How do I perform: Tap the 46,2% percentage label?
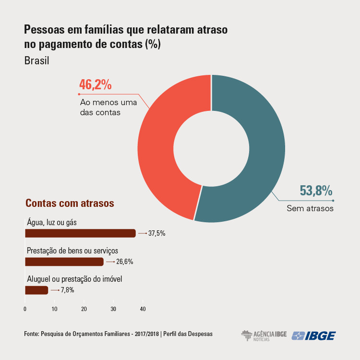(x=96, y=85)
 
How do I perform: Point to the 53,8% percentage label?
(x=316, y=191)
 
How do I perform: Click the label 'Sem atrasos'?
(x=310, y=209)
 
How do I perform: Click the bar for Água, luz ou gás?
(x=80, y=233)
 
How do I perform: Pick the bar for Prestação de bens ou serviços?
(x=64, y=262)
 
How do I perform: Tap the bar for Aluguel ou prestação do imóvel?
(x=36, y=290)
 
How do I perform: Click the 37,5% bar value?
(x=157, y=234)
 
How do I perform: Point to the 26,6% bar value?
(x=125, y=262)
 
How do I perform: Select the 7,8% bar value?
(x=68, y=290)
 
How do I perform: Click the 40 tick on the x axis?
(x=143, y=309)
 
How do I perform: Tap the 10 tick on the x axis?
(x=54, y=309)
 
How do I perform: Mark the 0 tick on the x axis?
(x=25, y=309)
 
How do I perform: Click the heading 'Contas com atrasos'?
(x=70, y=203)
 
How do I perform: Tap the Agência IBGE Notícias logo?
(x=262, y=336)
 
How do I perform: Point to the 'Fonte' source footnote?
(x=118, y=334)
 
